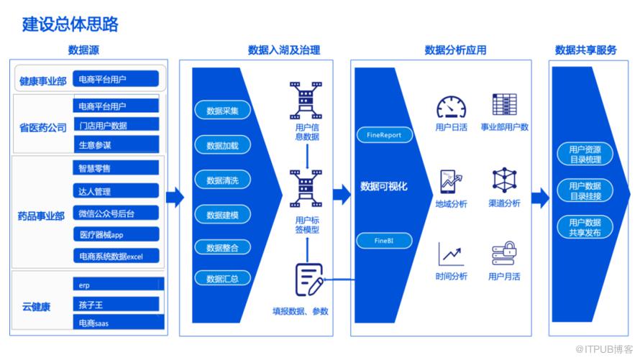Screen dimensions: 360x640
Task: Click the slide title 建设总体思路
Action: (x=70, y=24)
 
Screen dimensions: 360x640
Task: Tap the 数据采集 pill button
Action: (x=222, y=111)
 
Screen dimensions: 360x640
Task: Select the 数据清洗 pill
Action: (x=222, y=180)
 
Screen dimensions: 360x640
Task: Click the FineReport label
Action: (x=384, y=134)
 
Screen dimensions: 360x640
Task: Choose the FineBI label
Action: (x=384, y=239)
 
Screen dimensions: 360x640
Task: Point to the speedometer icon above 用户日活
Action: (x=451, y=106)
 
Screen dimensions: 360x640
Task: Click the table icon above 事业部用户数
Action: (x=504, y=104)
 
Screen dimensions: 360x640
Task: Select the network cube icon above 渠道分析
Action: (x=504, y=180)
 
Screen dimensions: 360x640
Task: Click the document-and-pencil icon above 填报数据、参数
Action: (x=308, y=280)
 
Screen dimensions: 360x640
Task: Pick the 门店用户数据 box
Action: (x=115, y=125)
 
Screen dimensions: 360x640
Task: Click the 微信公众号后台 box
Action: (x=115, y=213)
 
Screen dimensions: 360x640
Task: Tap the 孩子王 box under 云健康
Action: (x=115, y=304)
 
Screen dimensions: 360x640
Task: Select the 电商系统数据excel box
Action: (x=115, y=256)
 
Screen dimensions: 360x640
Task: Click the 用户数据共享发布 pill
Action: (x=584, y=227)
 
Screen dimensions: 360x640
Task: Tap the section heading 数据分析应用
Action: (x=455, y=50)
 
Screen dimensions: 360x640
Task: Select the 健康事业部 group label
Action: (x=42, y=81)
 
